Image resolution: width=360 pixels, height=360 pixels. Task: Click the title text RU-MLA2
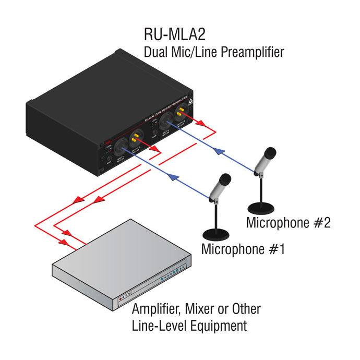(x=174, y=35)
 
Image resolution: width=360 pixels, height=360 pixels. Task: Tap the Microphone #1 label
(x=243, y=248)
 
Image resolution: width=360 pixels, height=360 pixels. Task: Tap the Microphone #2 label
(x=288, y=223)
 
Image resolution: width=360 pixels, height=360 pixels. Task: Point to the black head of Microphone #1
(x=224, y=181)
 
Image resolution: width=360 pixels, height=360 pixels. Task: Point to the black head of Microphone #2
(x=269, y=153)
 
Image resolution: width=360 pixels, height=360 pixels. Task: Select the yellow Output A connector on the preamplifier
(x=137, y=139)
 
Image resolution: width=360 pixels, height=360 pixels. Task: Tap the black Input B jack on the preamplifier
(x=165, y=122)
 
